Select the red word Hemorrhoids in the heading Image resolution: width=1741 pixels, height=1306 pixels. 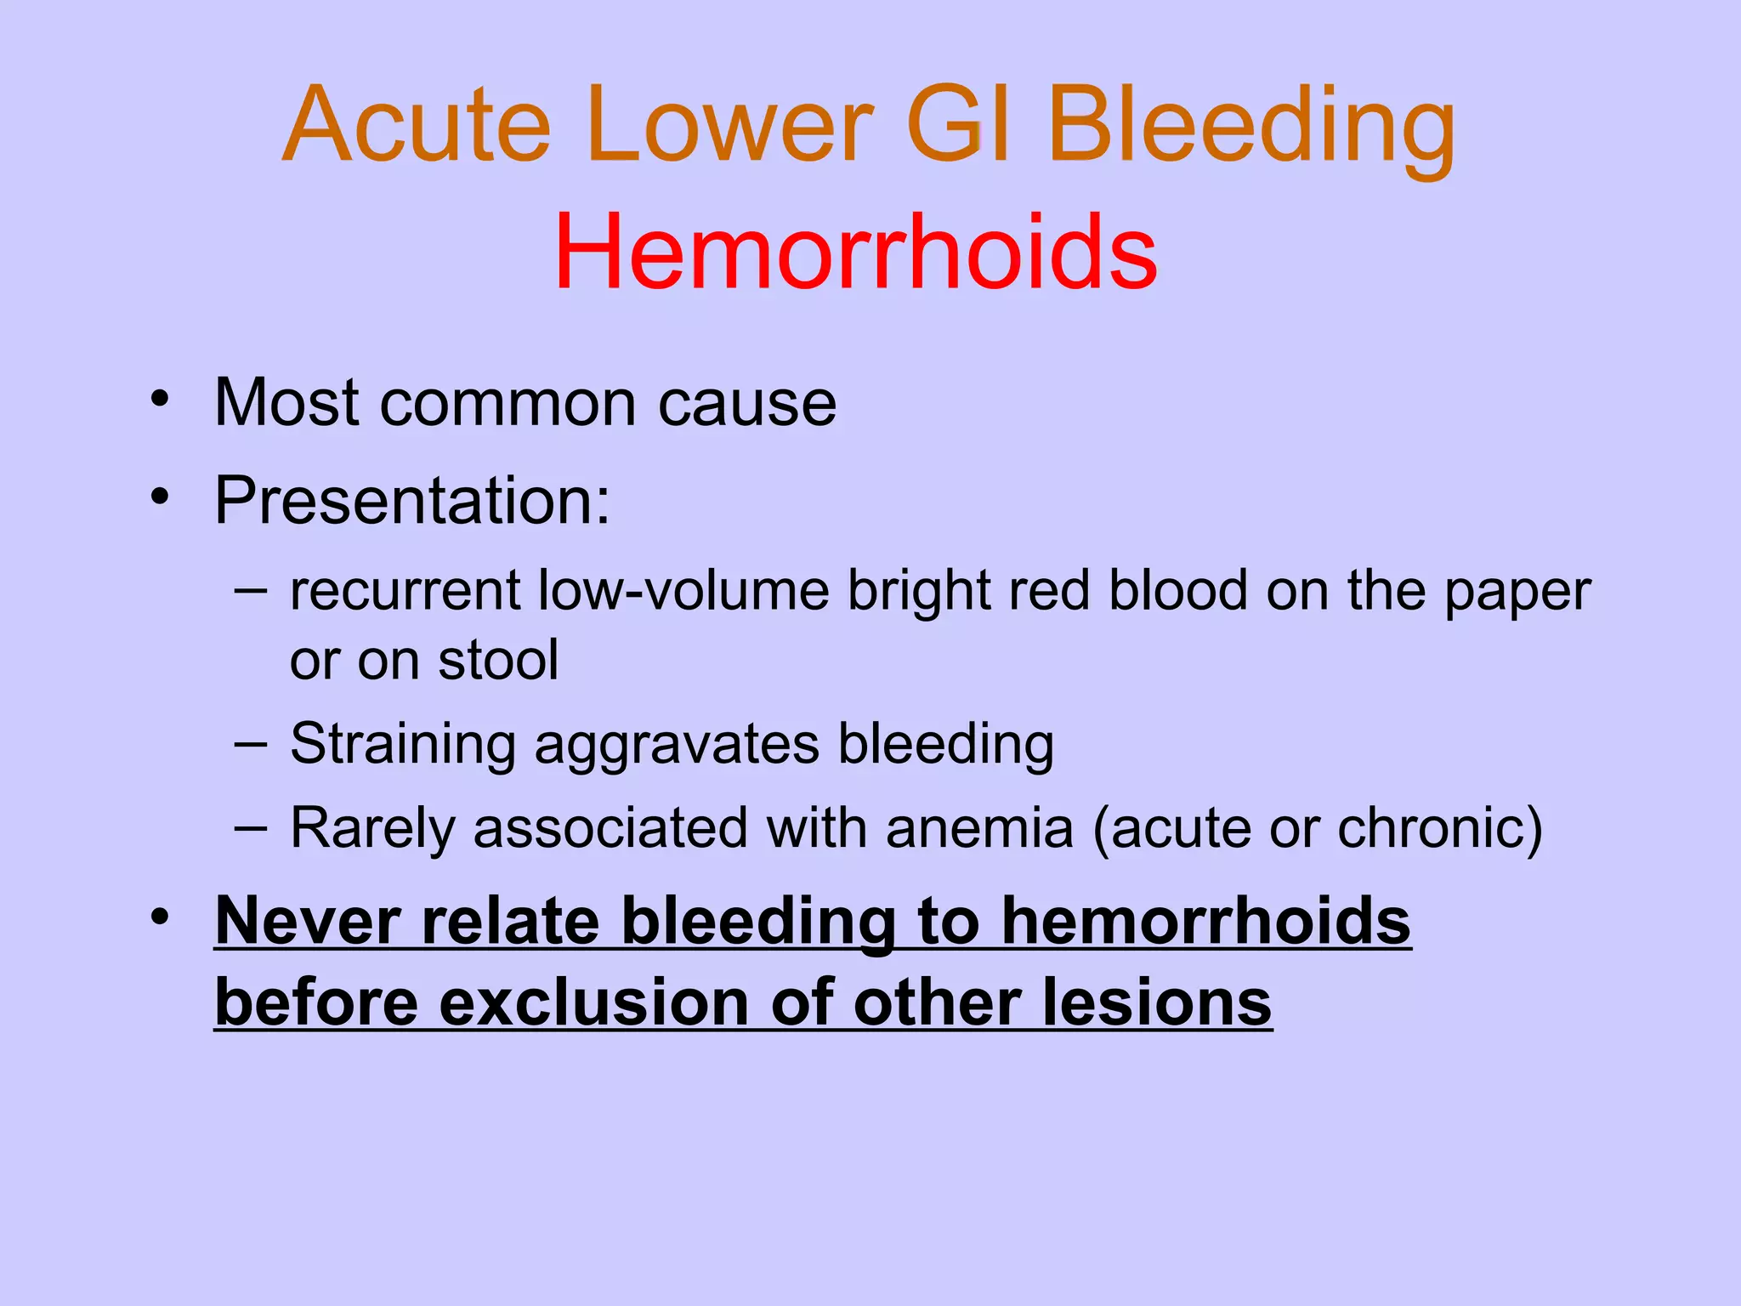pos(855,253)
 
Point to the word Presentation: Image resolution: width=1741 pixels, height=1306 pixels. pos(412,500)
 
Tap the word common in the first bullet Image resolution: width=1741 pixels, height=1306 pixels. pos(508,402)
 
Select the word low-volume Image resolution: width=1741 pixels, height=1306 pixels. pos(684,590)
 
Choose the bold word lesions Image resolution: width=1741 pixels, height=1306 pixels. pos(1157,1002)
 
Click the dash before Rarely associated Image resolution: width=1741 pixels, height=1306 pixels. pos(251,826)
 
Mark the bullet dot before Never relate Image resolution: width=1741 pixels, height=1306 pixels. pos(160,917)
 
